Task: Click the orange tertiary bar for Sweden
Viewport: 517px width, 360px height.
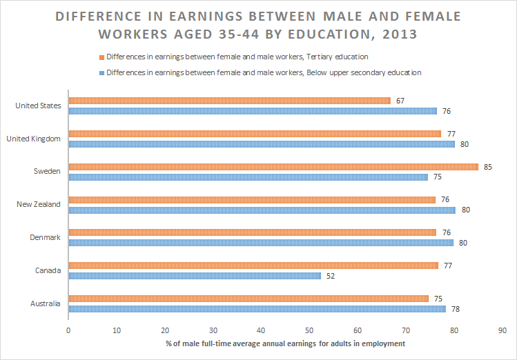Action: click(273, 167)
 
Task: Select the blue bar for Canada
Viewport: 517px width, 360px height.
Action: click(195, 276)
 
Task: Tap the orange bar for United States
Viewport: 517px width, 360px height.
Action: click(229, 101)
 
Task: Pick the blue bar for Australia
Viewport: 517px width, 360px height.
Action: click(257, 309)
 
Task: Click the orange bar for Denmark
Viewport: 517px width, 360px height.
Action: click(252, 232)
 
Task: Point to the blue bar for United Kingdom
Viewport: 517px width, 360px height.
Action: click(262, 144)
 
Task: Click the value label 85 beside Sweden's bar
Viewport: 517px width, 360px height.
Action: click(487, 167)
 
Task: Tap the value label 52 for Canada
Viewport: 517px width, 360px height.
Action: click(330, 276)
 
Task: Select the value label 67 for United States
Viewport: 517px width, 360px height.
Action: click(400, 101)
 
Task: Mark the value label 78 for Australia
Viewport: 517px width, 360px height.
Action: click(455, 309)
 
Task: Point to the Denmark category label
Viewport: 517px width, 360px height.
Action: click(46, 237)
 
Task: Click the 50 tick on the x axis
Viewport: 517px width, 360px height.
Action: click(309, 330)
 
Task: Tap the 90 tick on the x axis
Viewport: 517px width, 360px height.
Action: click(502, 330)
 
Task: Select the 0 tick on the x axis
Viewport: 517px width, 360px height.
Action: click(68, 330)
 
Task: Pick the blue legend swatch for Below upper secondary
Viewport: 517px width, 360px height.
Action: click(101, 72)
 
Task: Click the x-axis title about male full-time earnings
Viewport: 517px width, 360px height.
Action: click(284, 343)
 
